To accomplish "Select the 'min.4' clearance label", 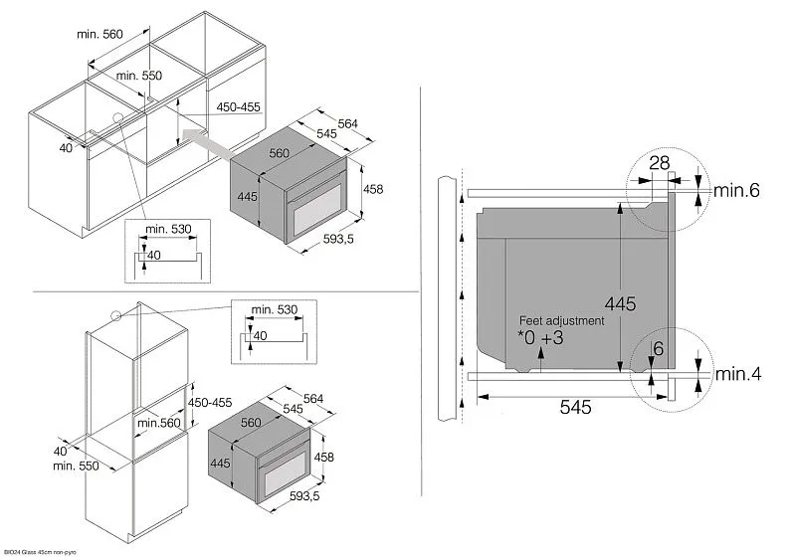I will [x=738, y=376].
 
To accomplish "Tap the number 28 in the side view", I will [x=659, y=162].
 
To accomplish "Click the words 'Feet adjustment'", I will [x=561, y=321].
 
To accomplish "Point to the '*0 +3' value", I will [x=542, y=339].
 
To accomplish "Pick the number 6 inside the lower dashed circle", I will [x=658, y=349].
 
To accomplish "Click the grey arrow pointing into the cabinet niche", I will [x=212, y=146].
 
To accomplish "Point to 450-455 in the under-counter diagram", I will [x=238, y=110].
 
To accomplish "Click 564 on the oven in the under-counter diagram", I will [x=346, y=123].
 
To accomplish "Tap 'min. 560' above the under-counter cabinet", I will [x=99, y=34].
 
